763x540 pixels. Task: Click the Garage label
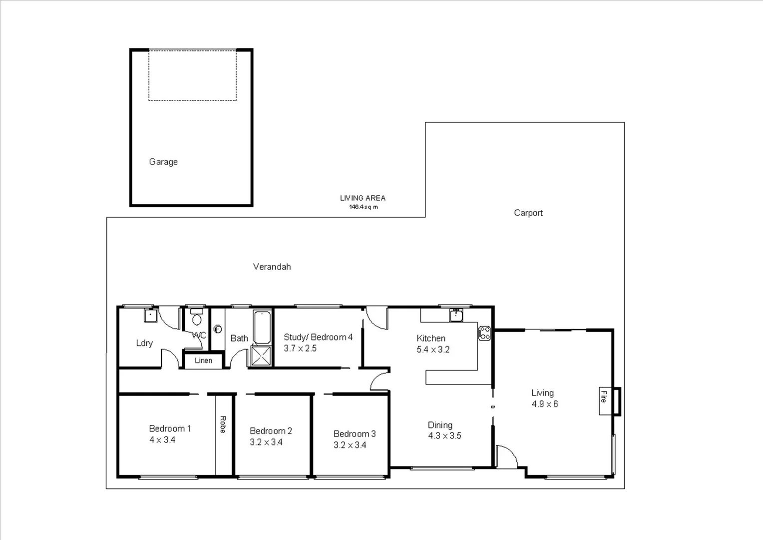pos(163,162)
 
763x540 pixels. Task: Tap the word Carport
pos(528,213)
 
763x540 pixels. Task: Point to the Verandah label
pos(272,267)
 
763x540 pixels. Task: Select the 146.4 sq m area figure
pos(363,207)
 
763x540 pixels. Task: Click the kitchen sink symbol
pos(455,315)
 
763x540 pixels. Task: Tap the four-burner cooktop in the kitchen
pos(484,333)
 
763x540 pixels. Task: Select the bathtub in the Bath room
pos(262,327)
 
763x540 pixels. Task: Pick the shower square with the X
pos(261,355)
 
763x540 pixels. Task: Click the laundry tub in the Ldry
pos(150,315)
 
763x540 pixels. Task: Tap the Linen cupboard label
pos(203,360)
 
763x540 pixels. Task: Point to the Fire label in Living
pos(604,397)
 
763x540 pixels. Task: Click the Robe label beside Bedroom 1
pos(223,424)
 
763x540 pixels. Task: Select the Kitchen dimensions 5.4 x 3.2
pos(433,349)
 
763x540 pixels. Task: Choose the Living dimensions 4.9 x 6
pos(544,404)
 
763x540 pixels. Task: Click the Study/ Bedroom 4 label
pos(318,337)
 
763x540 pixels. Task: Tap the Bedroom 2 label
pos(271,431)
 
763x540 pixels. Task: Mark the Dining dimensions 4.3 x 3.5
pos(444,436)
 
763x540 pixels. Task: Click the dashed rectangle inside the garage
pos(192,75)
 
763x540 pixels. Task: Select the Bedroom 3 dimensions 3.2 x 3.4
pos(350,445)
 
